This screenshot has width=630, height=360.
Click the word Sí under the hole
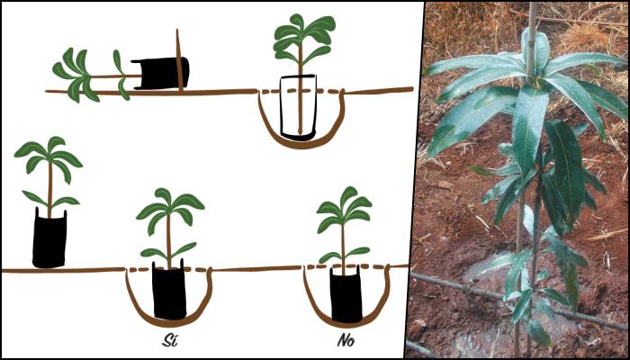(x=166, y=340)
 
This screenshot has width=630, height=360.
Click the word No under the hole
(x=346, y=340)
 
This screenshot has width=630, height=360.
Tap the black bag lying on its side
(x=160, y=73)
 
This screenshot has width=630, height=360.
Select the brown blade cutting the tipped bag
(x=179, y=60)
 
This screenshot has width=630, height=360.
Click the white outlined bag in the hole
(x=298, y=107)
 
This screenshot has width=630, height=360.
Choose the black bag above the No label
(x=346, y=295)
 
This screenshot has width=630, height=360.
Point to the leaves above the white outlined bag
(x=304, y=40)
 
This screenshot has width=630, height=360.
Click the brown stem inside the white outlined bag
(x=300, y=104)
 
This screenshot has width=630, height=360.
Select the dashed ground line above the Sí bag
(x=169, y=269)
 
